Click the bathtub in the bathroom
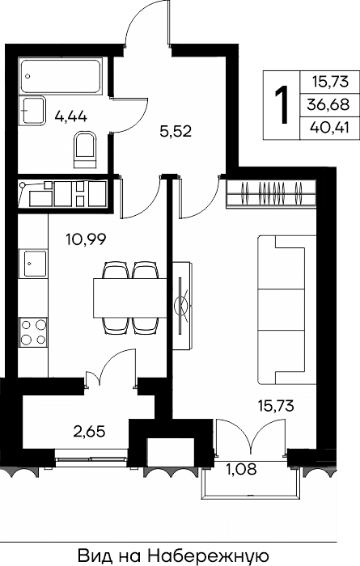(x=61, y=77)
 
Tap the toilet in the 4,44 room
(x=85, y=150)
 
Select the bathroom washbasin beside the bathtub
(x=32, y=111)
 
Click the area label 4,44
(x=71, y=116)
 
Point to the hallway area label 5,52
(x=175, y=131)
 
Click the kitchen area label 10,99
(x=86, y=239)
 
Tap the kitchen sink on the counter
(x=33, y=264)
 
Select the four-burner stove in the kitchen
(x=33, y=332)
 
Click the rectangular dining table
(x=130, y=298)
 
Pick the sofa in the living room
(x=287, y=310)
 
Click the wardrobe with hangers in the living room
(x=271, y=194)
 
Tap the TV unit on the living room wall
(x=182, y=306)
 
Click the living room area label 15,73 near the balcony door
(x=276, y=406)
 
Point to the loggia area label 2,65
(x=89, y=431)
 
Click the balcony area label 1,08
(x=241, y=469)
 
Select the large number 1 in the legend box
(x=282, y=105)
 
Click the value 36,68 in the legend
(x=328, y=105)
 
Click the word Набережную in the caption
(x=208, y=556)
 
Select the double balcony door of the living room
(x=252, y=436)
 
